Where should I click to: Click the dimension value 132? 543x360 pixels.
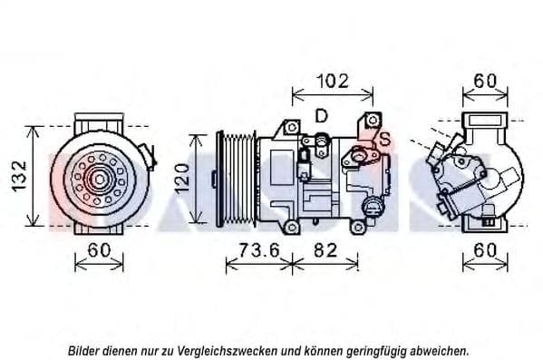[x=19, y=176]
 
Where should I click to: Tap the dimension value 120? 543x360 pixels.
[x=182, y=179]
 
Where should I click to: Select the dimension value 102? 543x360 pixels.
[x=333, y=82]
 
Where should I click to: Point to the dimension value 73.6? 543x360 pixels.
[x=259, y=250]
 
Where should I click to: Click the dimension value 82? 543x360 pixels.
[x=325, y=250]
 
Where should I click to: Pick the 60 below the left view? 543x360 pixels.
[x=99, y=250]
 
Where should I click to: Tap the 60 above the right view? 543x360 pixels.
[x=485, y=81]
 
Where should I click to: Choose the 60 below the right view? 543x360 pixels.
[x=485, y=250]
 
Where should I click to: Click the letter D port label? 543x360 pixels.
[x=322, y=116]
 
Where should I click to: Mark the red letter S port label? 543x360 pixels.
[x=384, y=140]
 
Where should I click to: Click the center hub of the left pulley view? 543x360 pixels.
[x=100, y=180]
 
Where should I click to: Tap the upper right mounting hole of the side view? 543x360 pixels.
[x=373, y=120]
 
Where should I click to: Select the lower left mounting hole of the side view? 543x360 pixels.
[x=292, y=228]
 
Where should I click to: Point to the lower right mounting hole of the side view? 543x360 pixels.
[x=356, y=228]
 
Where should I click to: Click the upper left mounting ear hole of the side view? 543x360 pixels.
[x=292, y=127]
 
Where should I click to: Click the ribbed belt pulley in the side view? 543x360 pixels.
[x=237, y=179]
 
